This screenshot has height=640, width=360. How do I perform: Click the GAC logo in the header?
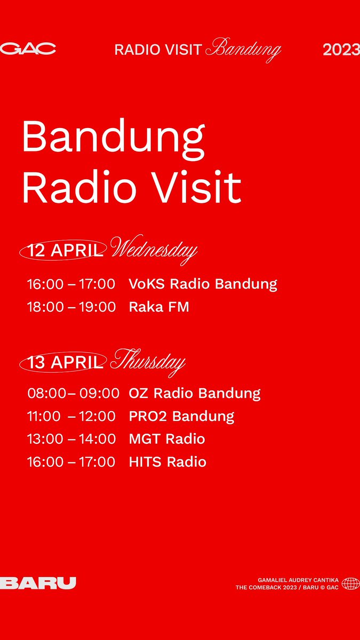click(x=28, y=50)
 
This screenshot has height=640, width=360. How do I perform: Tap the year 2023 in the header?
click(x=341, y=50)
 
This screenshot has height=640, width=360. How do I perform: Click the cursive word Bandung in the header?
click(x=243, y=50)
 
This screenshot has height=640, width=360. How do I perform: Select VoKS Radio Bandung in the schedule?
click(x=203, y=284)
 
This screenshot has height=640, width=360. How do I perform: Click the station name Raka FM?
click(x=159, y=307)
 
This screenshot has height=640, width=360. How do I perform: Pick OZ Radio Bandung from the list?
click(x=195, y=394)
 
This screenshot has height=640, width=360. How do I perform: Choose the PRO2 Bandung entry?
click(x=181, y=416)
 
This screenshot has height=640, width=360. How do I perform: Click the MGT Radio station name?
click(x=167, y=439)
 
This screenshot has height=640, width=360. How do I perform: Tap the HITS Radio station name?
click(x=167, y=462)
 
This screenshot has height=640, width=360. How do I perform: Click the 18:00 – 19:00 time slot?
click(x=71, y=307)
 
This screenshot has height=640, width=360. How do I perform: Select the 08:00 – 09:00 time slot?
click(x=73, y=394)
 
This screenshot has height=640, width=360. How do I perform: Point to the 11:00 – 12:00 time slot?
click(x=71, y=416)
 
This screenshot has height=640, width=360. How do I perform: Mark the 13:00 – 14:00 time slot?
click(x=71, y=439)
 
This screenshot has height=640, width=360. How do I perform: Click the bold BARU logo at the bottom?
click(x=38, y=583)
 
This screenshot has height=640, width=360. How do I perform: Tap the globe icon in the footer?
click(x=350, y=583)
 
